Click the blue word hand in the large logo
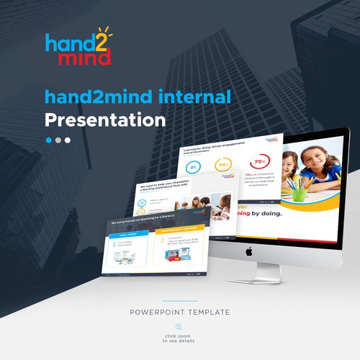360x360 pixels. coord(66,42)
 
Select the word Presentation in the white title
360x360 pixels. coord(105,119)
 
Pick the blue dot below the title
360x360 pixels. coord(50,140)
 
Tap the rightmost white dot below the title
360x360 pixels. coord(68,140)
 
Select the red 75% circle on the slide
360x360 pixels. coord(259,163)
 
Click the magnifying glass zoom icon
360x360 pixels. coord(179,327)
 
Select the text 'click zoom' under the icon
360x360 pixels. coord(179,336)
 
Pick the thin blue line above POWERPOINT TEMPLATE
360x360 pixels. coord(179,302)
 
